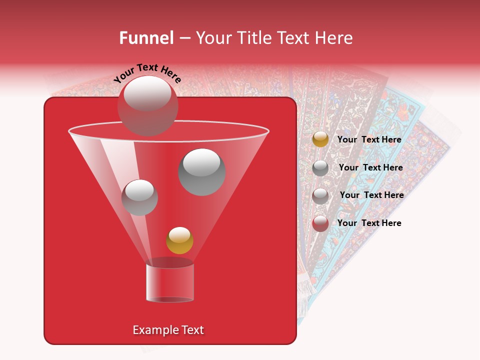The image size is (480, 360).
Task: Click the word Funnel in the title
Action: tap(146, 38)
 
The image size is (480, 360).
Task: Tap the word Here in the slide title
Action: tap(332, 38)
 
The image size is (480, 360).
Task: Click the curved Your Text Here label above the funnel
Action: tap(147, 72)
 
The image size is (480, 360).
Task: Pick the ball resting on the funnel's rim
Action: tap(147, 105)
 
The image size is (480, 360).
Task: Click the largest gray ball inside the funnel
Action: tap(202, 172)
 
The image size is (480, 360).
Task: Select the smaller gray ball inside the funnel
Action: tap(139, 197)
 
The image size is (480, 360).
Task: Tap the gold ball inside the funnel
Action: tap(179, 240)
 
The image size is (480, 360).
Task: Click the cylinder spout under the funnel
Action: tap(169, 282)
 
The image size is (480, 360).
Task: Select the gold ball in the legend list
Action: tap(320, 139)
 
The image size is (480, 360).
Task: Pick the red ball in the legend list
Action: tap(320, 223)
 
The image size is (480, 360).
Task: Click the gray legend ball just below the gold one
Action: tap(320, 168)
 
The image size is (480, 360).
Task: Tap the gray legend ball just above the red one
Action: tap(320, 195)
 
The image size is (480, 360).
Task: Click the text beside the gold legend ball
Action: tap(369, 139)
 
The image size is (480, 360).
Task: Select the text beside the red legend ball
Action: tap(369, 223)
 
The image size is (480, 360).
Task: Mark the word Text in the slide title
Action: tap(293, 38)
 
